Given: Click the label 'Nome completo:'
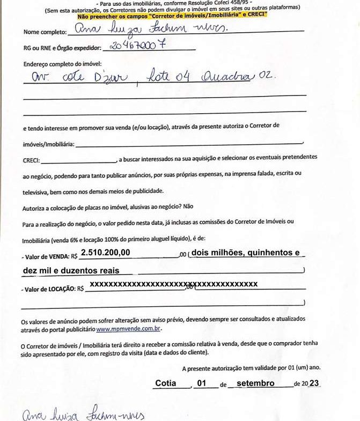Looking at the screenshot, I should coord(46,32).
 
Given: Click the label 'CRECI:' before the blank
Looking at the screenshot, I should coord(31,160).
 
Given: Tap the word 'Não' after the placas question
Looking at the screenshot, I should coord(188,206).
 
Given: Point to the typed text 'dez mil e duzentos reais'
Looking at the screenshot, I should coord(71,271).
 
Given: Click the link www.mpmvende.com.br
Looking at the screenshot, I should coord(129,328).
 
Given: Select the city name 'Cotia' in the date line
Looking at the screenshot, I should coord(166,383).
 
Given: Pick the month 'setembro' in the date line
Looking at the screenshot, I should coord(255,383).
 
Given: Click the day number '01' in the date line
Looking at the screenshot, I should coord(202,383).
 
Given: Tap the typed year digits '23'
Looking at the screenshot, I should coord(314,383).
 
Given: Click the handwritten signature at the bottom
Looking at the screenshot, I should coord(83,414).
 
